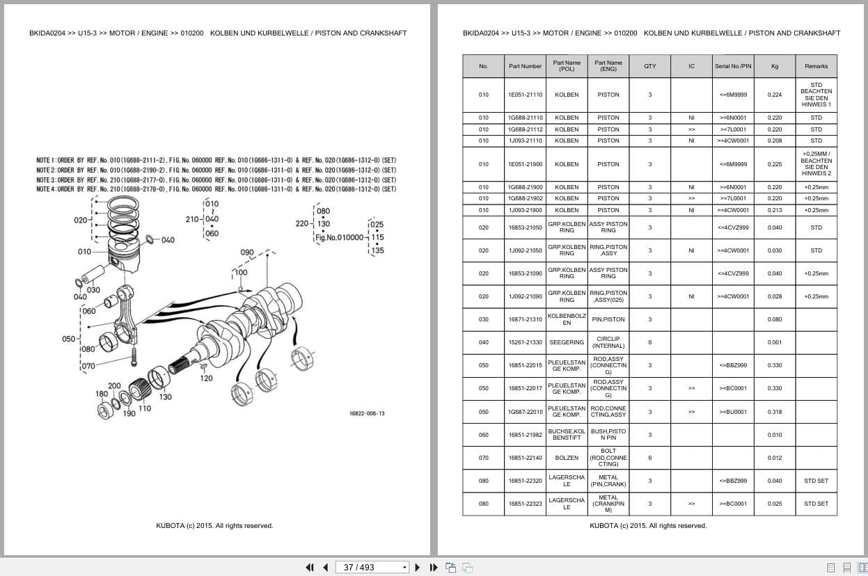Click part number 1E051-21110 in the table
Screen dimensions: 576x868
coord(525,95)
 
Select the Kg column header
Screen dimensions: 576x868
coord(774,66)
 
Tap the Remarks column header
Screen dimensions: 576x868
coord(816,66)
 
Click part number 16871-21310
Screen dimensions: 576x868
coord(525,319)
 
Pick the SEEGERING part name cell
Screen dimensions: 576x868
coord(567,342)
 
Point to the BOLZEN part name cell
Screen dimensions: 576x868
coord(567,458)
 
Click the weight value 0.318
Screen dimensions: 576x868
coord(774,412)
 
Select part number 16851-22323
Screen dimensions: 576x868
coord(525,504)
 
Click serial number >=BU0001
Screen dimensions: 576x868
coord(732,412)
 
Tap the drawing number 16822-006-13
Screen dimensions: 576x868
coord(366,413)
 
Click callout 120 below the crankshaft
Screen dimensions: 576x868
coord(206,378)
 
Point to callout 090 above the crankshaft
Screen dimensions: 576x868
coord(247,253)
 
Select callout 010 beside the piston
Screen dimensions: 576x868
coord(84,252)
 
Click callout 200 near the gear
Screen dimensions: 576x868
coord(114,385)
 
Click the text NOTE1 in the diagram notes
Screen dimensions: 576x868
coord(45,161)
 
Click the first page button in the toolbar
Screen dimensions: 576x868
coord(310,567)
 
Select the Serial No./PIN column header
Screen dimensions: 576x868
coord(732,66)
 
